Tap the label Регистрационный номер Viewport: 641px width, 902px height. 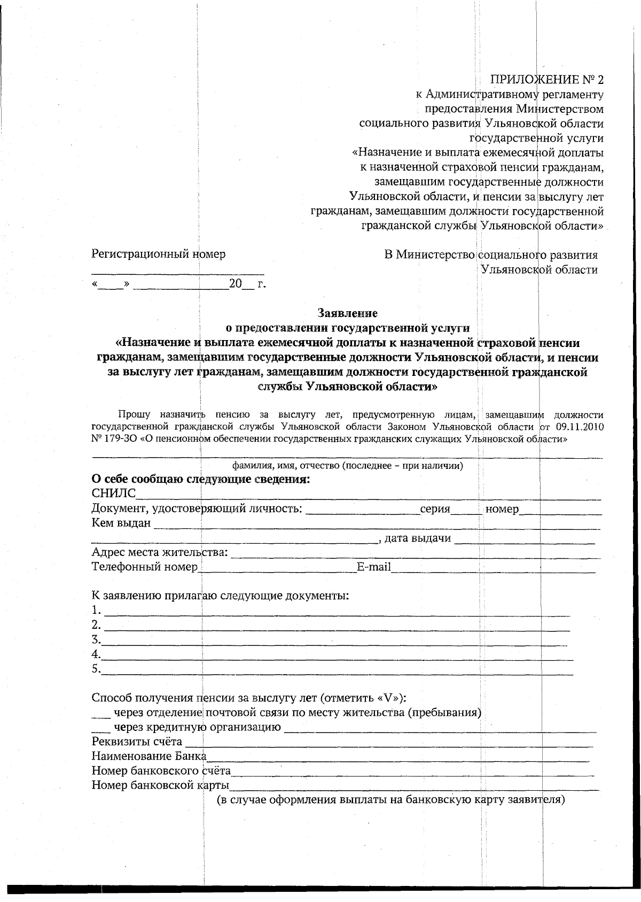pyautogui.click(x=159, y=254)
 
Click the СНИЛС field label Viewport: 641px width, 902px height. pyautogui.click(x=114, y=493)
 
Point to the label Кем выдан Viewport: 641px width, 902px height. pyautogui.click(x=121, y=523)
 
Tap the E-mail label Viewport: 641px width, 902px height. pyautogui.click(x=374, y=567)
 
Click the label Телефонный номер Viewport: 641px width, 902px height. pyautogui.click(x=145, y=567)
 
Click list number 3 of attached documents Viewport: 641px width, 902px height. pyautogui.click(x=96, y=639)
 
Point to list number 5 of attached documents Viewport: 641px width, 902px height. pyautogui.click(x=96, y=669)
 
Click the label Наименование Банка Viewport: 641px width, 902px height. pyautogui.click(x=149, y=757)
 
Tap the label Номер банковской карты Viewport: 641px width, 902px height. pyautogui.click(x=160, y=785)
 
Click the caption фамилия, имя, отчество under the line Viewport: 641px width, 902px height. pyautogui.click(x=347, y=466)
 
